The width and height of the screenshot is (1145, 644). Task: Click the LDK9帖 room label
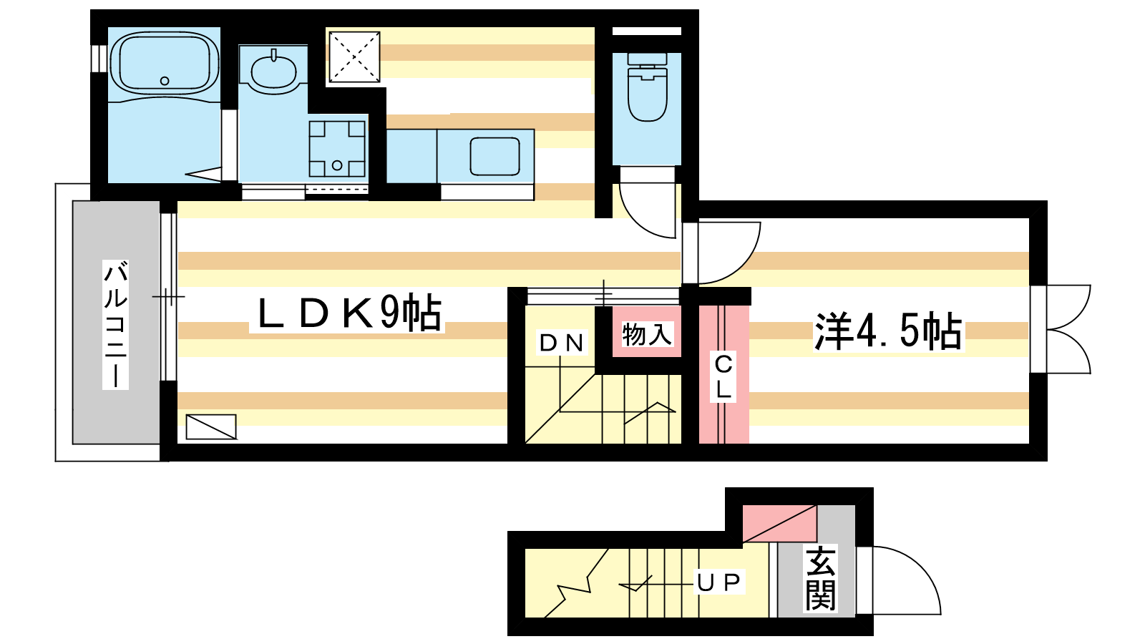[x=349, y=313]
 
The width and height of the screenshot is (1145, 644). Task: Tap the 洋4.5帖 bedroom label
[x=888, y=331]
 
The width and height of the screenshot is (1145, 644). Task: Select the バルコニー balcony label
[x=115, y=325]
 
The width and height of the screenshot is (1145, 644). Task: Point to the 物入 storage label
[x=647, y=335]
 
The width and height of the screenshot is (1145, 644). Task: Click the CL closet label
[x=723, y=376]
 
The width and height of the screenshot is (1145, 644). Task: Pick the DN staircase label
[x=562, y=343]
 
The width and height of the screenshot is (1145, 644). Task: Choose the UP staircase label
[x=718, y=582]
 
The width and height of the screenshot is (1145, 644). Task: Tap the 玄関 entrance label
[x=820, y=578]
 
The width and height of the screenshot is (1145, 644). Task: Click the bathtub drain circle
[x=165, y=81]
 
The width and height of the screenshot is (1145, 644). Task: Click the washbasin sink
[x=274, y=72]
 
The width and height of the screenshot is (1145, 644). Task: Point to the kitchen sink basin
[x=494, y=155]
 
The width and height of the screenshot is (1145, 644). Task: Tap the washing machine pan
[x=337, y=149]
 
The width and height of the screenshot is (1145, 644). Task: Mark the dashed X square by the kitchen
[x=354, y=57]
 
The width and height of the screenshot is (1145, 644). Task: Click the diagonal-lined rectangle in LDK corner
[x=211, y=426]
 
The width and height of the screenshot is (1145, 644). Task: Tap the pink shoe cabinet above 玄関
[x=779, y=523]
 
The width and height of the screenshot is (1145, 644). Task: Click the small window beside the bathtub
[x=99, y=58]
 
